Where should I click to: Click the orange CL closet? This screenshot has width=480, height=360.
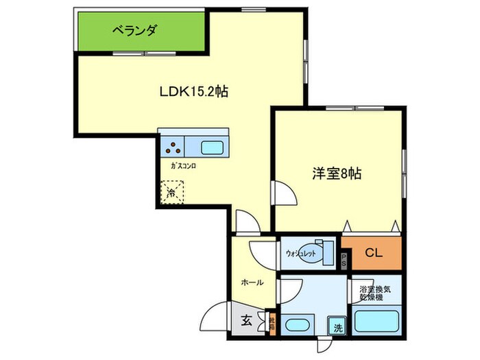click(x=372, y=253)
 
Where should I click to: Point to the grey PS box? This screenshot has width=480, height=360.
click(x=344, y=259)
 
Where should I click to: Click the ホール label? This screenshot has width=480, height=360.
click(x=252, y=282)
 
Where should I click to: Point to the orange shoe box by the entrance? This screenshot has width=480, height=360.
click(x=272, y=320)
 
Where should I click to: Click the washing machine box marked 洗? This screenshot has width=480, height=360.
click(x=337, y=327)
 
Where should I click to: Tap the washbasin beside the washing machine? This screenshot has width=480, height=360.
click(x=299, y=326)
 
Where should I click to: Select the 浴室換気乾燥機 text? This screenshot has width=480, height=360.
click(x=374, y=293)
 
